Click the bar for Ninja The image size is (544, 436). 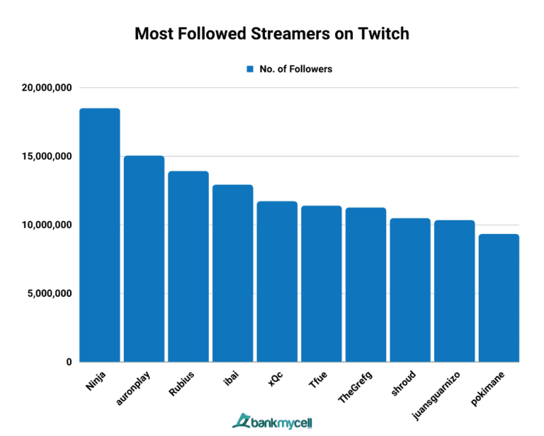(100, 235)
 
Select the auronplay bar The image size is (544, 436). (144, 259)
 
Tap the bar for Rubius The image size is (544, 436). (188, 267)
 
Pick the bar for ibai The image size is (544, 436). (233, 273)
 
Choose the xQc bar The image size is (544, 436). (277, 281)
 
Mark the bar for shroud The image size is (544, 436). (410, 290)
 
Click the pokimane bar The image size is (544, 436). (499, 298)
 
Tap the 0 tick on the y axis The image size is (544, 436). (69, 362)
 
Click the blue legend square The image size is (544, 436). (249, 69)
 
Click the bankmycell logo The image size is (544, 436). (272, 421)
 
